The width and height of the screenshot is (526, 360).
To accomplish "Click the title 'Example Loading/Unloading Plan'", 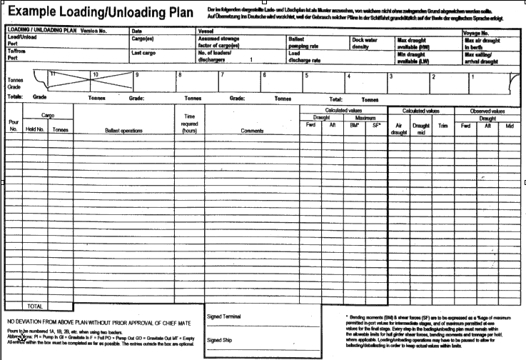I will pyautogui.click(x=101, y=12).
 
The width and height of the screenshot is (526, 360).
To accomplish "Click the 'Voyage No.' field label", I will pyautogui.click(x=476, y=33).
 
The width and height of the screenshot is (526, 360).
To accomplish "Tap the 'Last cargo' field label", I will pyautogui.click(x=144, y=53).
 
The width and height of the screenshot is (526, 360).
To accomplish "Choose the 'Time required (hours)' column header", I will pyautogui.click(x=189, y=124).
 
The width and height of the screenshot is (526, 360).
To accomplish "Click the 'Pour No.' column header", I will pyautogui.click(x=14, y=126).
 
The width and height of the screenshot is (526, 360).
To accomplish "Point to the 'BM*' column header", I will pyautogui.click(x=354, y=126).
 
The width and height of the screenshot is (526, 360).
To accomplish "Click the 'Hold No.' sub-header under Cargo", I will pyautogui.click(x=36, y=130).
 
